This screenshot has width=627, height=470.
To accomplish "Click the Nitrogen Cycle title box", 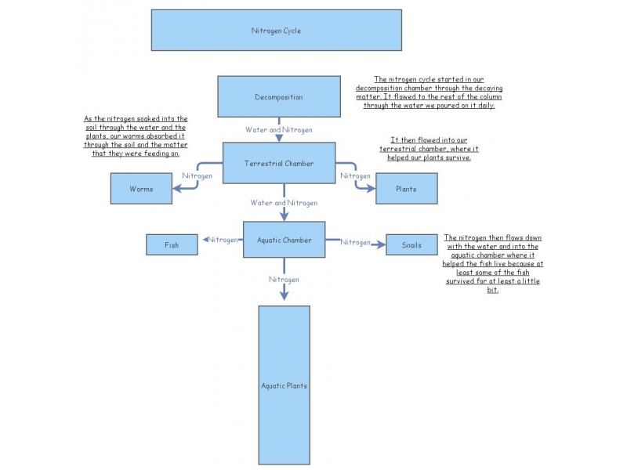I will pyautogui.click(x=276, y=31).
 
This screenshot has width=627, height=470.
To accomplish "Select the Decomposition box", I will pyautogui.click(x=278, y=97).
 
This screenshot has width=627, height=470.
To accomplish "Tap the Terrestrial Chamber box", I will pyautogui.click(x=279, y=164).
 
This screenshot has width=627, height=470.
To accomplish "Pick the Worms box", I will pyautogui.click(x=141, y=189).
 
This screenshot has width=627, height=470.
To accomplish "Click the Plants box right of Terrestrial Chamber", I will pyautogui.click(x=406, y=189).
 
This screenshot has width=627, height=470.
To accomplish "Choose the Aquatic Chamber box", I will pyautogui.click(x=284, y=240).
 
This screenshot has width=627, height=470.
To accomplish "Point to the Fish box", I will pyautogui.click(x=171, y=245).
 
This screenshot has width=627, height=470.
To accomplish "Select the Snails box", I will pyautogui.click(x=411, y=245).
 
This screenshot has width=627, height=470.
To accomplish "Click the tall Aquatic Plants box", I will pyautogui.click(x=284, y=385).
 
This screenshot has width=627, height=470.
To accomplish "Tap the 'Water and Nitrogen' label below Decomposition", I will pyautogui.click(x=279, y=129).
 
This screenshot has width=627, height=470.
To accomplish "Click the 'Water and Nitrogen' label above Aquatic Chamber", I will pyautogui.click(x=284, y=203).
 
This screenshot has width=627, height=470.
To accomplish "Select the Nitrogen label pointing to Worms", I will pyautogui.click(x=198, y=176).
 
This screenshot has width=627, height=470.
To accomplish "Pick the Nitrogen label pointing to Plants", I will pyautogui.click(x=355, y=176).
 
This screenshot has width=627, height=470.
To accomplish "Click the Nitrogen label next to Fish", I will pyautogui.click(x=223, y=240).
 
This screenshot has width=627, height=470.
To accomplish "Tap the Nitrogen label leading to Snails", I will pyautogui.click(x=355, y=243).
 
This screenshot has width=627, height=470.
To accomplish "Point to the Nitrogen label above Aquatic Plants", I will pyautogui.click(x=284, y=279).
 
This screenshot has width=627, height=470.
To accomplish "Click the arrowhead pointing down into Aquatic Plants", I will pyautogui.click(x=284, y=295).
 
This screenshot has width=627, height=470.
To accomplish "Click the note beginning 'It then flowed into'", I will pyautogui.click(x=429, y=149).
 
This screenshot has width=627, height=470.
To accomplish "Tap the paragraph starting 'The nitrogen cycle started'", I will pyautogui.click(x=429, y=92).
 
